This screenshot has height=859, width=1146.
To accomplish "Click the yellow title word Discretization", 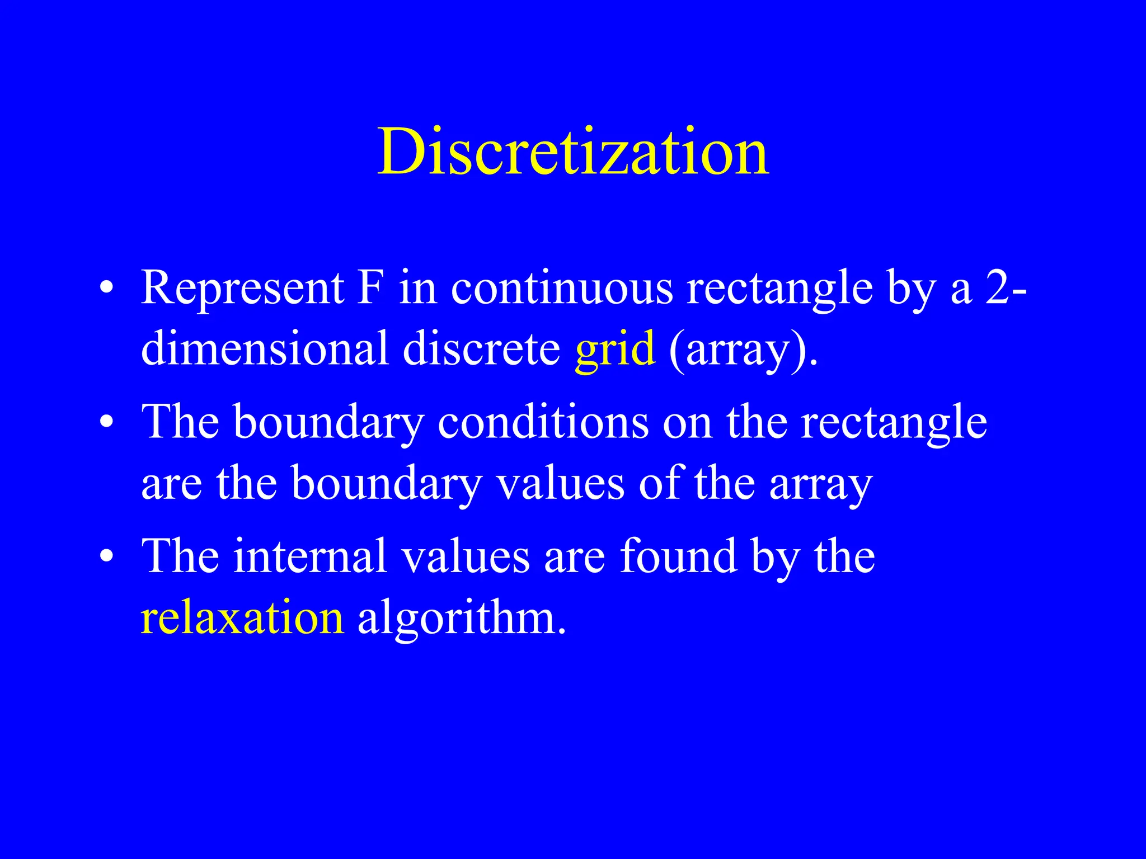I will pyautogui.click(x=573, y=152).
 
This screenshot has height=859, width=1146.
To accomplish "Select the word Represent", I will pyautogui.click(x=242, y=289).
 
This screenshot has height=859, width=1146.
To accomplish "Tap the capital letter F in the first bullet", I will pyautogui.click(x=371, y=287).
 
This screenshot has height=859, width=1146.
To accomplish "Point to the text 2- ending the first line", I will pyautogui.click(x=1006, y=289).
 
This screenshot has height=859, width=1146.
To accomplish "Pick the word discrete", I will pyautogui.click(x=481, y=348).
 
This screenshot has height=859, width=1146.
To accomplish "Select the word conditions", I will pyautogui.click(x=543, y=422).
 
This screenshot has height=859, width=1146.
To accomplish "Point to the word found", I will pyautogui.click(x=678, y=556).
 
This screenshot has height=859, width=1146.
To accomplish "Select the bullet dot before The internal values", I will pyautogui.click(x=107, y=557).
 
